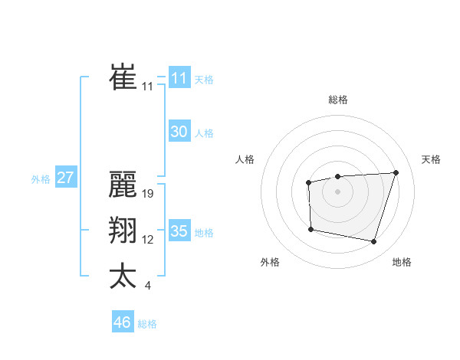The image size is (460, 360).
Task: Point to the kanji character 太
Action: (123, 276)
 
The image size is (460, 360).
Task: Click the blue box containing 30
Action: (179, 132)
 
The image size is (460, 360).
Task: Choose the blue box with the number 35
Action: (179, 231)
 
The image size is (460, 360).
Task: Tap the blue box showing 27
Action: (66, 178)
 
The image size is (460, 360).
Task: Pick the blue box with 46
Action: (123, 322)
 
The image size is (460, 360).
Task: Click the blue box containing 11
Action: (179, 78)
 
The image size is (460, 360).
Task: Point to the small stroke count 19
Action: (149, 194)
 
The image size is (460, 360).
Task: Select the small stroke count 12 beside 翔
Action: (148, 240)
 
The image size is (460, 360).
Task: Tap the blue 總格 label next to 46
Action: (147, 324)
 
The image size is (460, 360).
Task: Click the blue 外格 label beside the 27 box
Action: (41, 180)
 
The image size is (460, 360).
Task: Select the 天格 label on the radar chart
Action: (432, 159)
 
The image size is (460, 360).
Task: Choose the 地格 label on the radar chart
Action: (402, 262)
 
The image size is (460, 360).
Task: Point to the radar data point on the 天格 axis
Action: (396, 172)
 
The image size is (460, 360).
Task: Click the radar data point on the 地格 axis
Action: (374, 242)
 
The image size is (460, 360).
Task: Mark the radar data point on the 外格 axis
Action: (310, 229)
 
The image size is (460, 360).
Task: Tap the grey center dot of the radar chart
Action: (337, 191)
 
